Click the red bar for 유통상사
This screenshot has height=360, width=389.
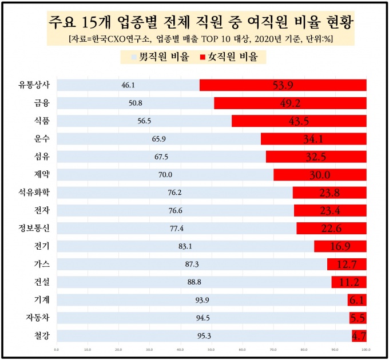pos(283,85)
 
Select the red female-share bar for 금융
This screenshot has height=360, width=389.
pos(290,103)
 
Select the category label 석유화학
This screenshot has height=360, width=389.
pos(34,193)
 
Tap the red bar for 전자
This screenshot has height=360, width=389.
pos(330,211)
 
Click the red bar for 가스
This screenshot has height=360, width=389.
pos(347,264)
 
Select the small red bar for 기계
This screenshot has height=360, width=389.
pos(357,300)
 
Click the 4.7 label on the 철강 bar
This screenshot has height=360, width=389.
pos(359,336)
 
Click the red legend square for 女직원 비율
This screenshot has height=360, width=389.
pos(203,57)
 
